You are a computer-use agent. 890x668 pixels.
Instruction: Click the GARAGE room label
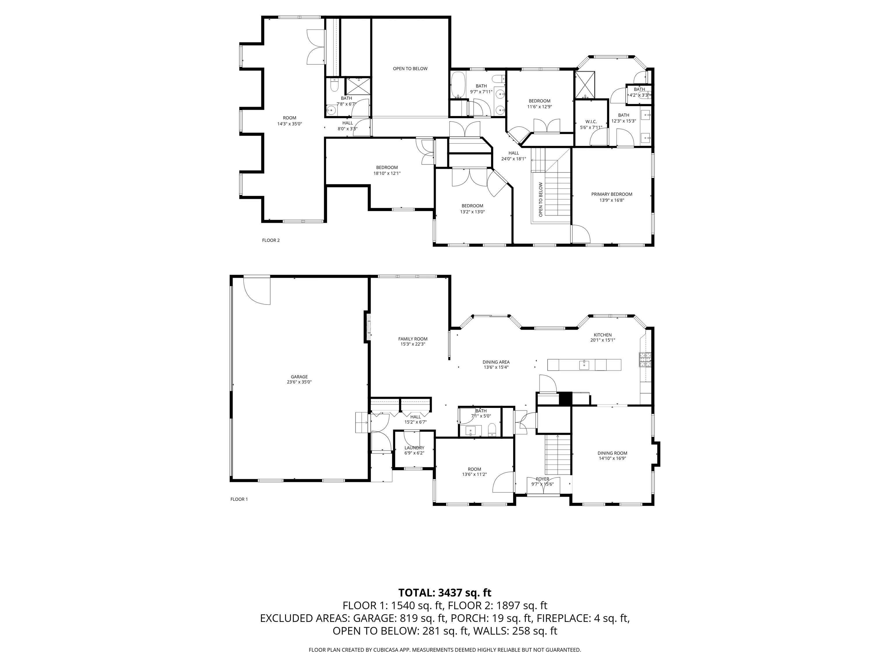(x=299, y=377)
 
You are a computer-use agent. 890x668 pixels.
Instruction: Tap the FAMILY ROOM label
(x=413, y=339)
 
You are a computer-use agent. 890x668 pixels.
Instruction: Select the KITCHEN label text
(x=603, y=335)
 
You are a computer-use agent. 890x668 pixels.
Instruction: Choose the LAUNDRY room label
(x=414, y=448)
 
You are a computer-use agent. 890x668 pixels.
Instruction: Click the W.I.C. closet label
(x=591, y=121)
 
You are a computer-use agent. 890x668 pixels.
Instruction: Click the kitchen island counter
(x=584, y=365)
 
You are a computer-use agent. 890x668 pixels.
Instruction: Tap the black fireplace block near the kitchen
(x=565, y=399)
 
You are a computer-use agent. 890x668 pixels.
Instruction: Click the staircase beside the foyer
(x=558, y=455)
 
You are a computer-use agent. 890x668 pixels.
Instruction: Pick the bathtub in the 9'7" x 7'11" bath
(x=458, y=85)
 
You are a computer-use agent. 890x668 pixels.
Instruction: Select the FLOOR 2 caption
(x=271, y=240)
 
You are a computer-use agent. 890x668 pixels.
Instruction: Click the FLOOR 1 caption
(x=239, y=499)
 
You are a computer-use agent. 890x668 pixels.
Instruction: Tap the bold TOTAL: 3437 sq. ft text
(x=445, y=593)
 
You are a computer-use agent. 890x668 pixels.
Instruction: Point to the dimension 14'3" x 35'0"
(x=289, y=124)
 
